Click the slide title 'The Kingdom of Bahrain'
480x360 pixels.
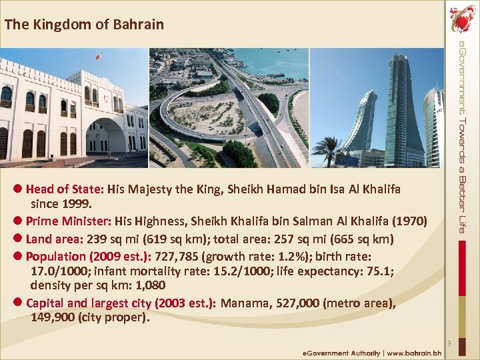[83, 25]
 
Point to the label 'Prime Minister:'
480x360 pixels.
[69, 221]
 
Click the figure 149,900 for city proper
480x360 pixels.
[53, 317]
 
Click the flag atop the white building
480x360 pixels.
[99, 57]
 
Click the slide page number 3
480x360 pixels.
[449, 344]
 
